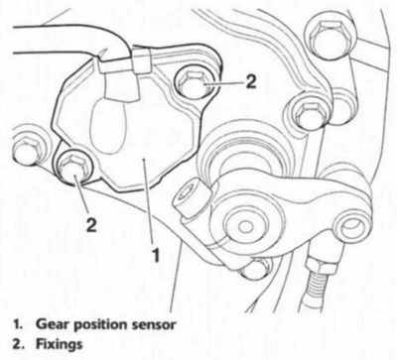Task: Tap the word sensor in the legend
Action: tap(152, 323)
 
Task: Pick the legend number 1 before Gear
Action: tap(17, 323)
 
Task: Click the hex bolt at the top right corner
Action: tap(325, 36)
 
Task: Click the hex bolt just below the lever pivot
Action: tap(255, 268)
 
